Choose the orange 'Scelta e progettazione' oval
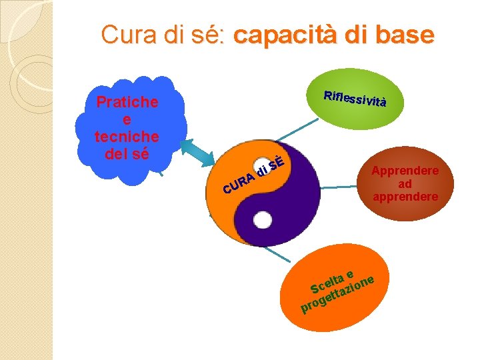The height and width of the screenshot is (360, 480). (340, 283)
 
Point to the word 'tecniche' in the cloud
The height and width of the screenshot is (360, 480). (127, 137)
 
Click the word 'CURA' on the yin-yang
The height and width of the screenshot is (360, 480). (239, 185)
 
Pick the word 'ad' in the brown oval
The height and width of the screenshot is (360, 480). (405, 183)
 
